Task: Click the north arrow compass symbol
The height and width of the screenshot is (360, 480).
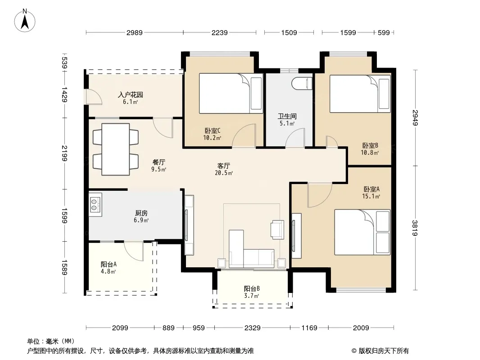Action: (25, 21)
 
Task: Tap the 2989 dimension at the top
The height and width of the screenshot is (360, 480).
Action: (134, 32)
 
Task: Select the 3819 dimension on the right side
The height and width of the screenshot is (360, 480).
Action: (415, 228)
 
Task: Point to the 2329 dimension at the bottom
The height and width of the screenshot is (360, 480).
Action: (252, 328)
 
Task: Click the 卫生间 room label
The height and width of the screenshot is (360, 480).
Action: (287, 116)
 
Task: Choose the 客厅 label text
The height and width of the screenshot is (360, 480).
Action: (223, 166)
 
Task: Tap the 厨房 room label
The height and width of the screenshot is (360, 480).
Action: (141, 213)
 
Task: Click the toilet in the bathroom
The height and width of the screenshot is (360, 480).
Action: (302, 84)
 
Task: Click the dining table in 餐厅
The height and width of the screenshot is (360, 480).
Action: (115, 149)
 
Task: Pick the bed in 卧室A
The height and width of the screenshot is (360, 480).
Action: (362, 232)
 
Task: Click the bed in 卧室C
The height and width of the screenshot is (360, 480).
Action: (231, 93)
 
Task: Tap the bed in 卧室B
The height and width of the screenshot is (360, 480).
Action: (360, 94)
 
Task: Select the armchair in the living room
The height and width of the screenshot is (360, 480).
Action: (277, 229)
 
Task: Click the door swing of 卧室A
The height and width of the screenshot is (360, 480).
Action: (320, 195)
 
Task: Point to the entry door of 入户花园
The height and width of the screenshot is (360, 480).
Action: (94, 97)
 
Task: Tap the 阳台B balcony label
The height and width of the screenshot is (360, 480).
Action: (252, 288)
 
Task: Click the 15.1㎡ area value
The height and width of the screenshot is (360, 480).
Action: (371, 196)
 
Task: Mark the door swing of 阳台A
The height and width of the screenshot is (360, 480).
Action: (134, 251)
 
